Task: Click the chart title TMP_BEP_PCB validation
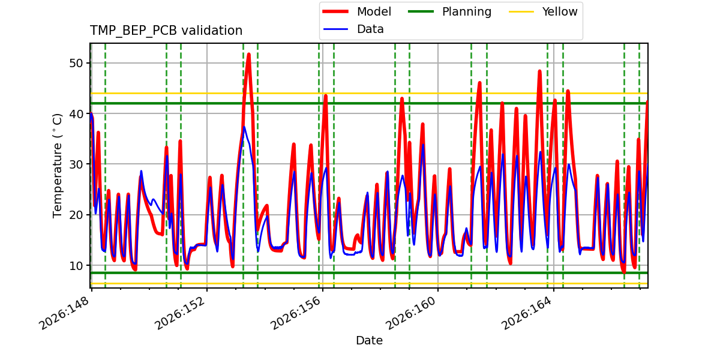tap(166, 31)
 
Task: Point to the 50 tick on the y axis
tap(76, 63)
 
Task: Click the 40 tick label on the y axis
tap(76, 114)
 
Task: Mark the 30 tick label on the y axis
tap(76, 164)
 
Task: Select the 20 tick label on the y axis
tap(76, 215)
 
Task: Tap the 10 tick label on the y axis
tap(76, 265)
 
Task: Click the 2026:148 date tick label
tap(64, 313)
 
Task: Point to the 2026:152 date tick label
tap(179, 313)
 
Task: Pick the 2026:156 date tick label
tap(295, 313)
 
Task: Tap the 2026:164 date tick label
tap(526, 313)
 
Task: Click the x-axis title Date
tap(369, 340)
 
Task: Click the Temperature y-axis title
tap(57, 166)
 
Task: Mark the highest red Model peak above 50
tap(249, 54)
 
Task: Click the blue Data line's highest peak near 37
tap(244, 127)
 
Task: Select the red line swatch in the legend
tap(335, 11)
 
